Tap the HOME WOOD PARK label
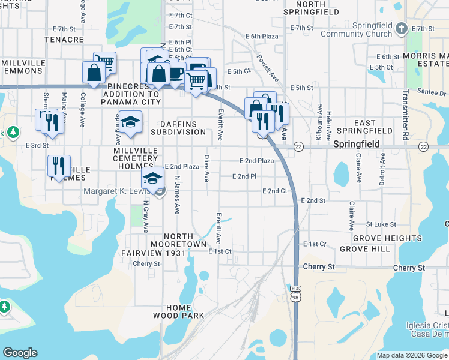pos(178,311)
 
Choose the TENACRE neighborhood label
pos(64,40)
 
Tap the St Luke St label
pos(381,224)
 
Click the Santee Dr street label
pos(435,93)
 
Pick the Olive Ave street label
pos(206,169)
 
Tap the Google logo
pos(20,353)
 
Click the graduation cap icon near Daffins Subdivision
pos(130,122)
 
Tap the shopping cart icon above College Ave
pos(104,62)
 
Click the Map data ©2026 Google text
pos(411,355)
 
